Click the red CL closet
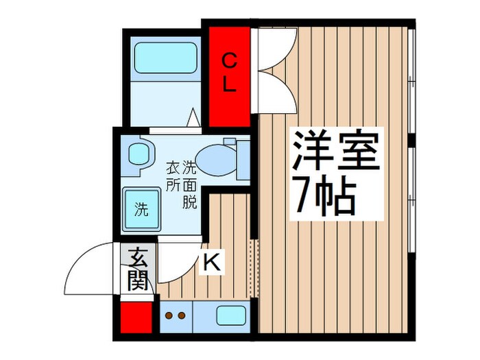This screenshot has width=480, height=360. coord(229,75)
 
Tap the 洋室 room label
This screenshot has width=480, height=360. coord(337,152)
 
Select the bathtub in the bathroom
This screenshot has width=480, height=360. coord(164,58)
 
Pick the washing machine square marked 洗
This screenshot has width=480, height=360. coord(141,206)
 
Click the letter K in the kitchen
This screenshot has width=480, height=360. coord(212,261)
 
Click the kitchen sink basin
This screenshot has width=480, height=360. coord(232,316)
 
